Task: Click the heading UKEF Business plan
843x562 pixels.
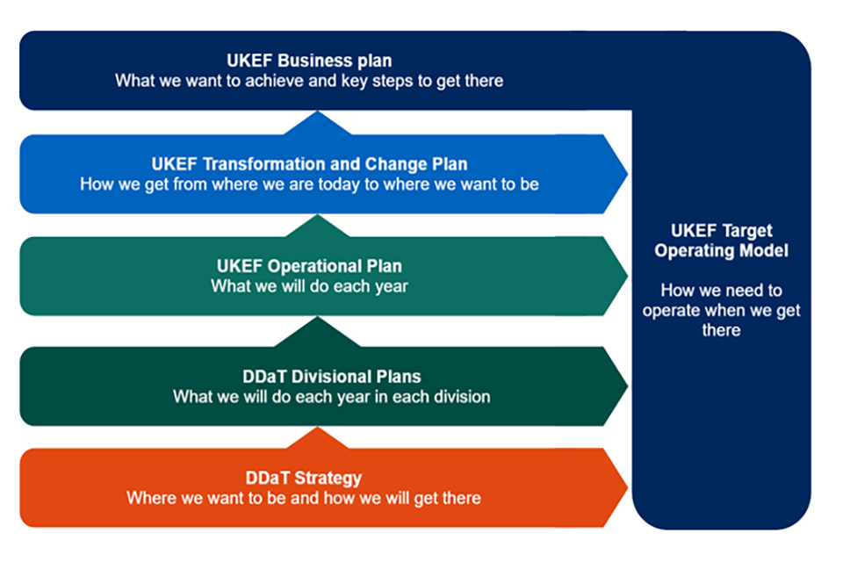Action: [x=308, y=61]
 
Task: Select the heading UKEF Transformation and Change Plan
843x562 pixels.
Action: [x=309, y=164]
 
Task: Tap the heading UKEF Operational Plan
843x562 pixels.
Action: [x=309, y=266]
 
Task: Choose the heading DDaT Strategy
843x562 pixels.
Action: [x=304, y=479]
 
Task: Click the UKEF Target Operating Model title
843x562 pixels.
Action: [x=722, y=241]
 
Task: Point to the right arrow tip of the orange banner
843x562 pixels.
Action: [x=624, y=487]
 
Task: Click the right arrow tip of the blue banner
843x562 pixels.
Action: [x=624, y=174]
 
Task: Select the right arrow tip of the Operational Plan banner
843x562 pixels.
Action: [x=624, y=276]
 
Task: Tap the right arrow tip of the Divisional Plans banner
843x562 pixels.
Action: [x=624, y=385]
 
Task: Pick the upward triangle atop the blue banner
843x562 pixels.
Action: [x=318, y=123]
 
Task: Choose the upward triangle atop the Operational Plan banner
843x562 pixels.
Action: [x=318, y=226]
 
